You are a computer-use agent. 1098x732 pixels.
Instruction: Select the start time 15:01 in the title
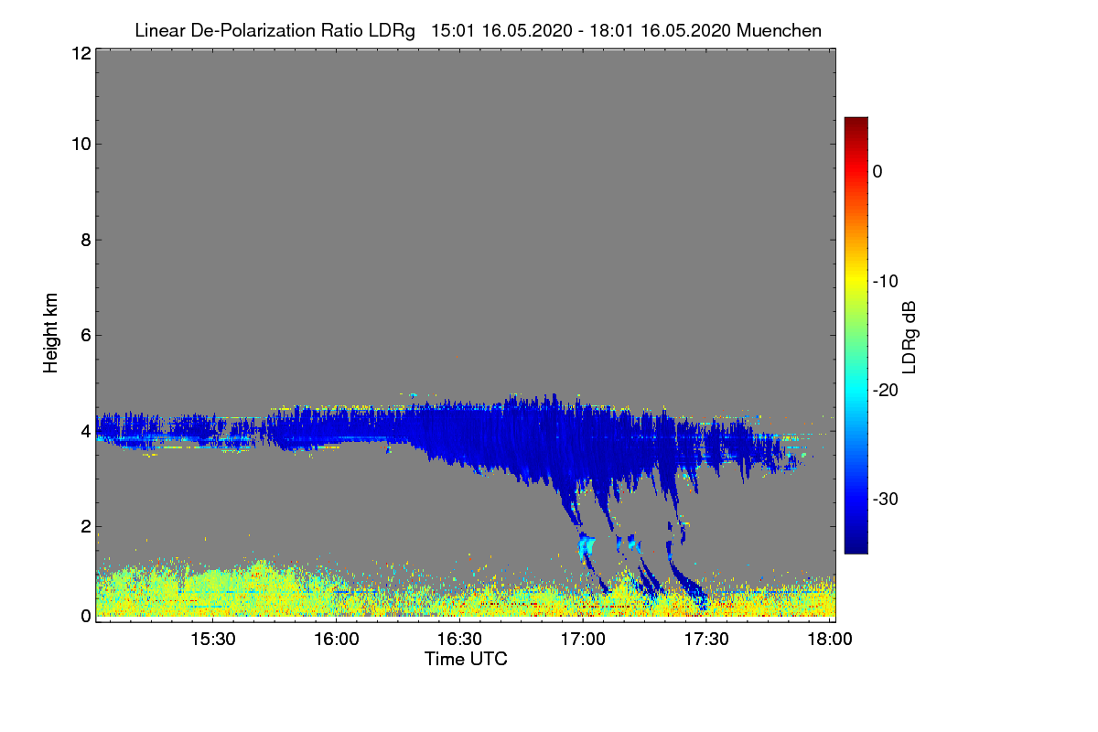pyautogui.click(x=448, y=30)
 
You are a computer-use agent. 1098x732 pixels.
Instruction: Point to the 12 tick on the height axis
pyautogui.click(x=80, y=53)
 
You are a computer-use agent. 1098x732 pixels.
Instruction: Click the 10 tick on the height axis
pyautogui.click(x=80, y=145)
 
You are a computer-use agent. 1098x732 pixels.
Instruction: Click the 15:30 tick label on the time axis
pyautogui.click(x=213, y=640)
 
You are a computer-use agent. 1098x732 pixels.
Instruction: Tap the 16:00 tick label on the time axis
pyautogui.click(x=337, y=640)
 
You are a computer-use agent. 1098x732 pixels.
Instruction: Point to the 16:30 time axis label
pyautogui.click(x=460, y=640)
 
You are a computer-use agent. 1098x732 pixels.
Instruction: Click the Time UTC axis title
pyautogui.click(x=466, y=659)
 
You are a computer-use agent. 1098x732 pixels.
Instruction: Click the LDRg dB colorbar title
pyautogui.click(x=910, y=337)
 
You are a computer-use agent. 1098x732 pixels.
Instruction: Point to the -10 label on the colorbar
pyautogui.click(x=885, y=281)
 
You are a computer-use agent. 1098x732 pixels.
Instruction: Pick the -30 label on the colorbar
pyautogui.click(x=885, y=500)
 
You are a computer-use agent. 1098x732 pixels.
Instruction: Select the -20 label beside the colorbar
pyautogui.click(x=885, y=391)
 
